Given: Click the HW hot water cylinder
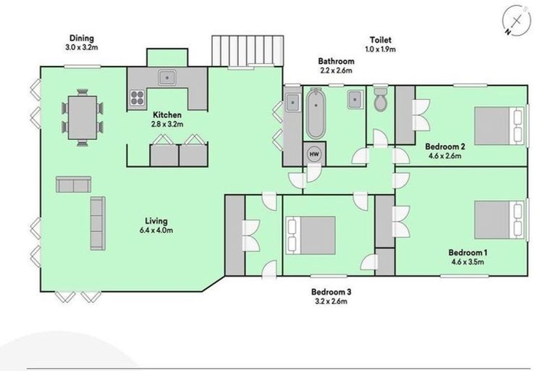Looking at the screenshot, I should [x=314, y=154].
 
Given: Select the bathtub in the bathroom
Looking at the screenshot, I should [x=315, y=114].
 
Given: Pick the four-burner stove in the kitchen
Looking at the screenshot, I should [x=136, y=98].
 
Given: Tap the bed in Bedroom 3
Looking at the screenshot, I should [x=312, y=235].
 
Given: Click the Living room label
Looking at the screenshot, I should [x=156, y=221].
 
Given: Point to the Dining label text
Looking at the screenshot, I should [x=82, y=38].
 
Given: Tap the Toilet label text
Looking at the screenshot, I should [x=381, y=40].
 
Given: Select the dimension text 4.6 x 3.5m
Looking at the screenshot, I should [x=469, y=262].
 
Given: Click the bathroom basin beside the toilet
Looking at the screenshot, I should [x=354, y=99].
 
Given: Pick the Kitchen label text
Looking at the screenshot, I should [x=167, y=115].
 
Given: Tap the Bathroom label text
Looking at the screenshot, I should [x=336, y=62].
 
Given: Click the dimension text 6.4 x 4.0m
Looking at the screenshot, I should [x=156, y=230].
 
